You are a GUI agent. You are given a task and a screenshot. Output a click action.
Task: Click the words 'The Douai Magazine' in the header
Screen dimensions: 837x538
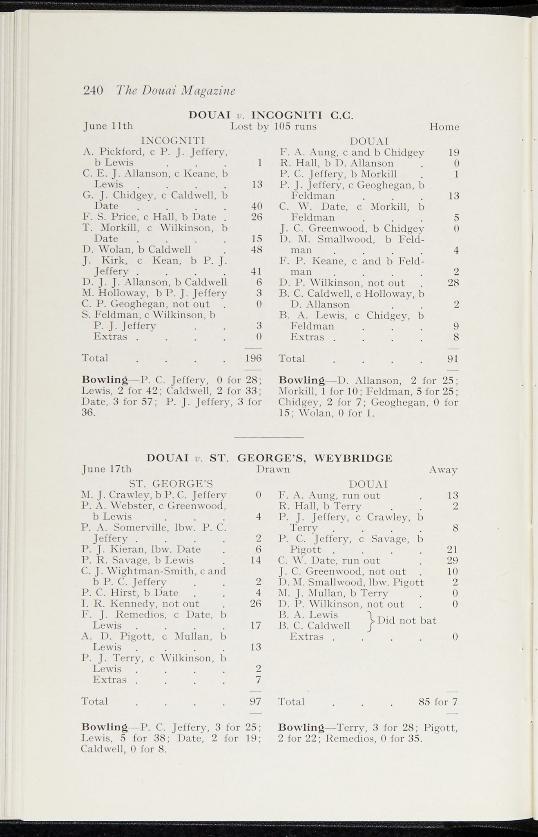(x=176, y=91)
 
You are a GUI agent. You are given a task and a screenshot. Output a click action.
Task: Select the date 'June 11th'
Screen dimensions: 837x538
(x=108, y=126)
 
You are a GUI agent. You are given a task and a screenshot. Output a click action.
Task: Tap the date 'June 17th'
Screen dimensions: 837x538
(x=107, y=469)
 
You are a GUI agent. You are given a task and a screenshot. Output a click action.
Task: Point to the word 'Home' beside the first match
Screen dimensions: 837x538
(x=444, y=127)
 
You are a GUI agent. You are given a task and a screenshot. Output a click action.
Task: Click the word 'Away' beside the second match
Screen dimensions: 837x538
(x=443, y=470)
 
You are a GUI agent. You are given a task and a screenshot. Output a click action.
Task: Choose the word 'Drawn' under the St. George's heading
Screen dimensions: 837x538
(x=273, y=469)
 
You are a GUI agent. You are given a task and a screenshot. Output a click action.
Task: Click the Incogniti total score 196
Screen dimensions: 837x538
(x=253, y=358)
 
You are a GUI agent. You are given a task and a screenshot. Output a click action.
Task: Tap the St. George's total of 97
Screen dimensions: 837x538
(x=255, y=701)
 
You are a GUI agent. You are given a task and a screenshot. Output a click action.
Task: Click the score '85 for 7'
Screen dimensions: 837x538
(x=438, y=702)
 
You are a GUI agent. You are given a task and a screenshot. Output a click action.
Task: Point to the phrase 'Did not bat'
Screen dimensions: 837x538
(x=407, y=620)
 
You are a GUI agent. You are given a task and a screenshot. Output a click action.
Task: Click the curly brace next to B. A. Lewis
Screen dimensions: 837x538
(x=371, y=620)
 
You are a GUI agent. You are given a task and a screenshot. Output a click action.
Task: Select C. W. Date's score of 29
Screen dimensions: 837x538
(x=452, y=560)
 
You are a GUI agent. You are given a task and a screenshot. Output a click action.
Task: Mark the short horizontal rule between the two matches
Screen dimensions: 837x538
(x=269, y=437)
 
